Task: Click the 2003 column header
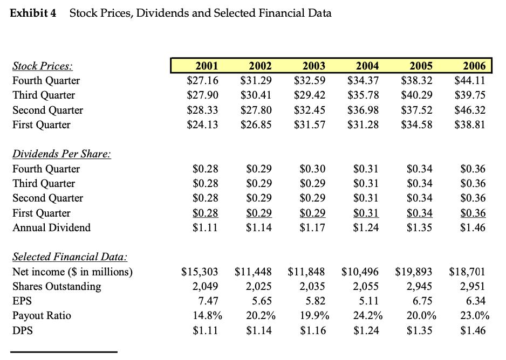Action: [x=313, y=66]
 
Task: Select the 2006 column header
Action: [x=474, y=66]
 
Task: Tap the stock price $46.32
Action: [x=470, y=110]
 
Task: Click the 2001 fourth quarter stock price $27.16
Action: [x=202, y=81]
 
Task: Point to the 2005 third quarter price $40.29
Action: [x=416, y=95]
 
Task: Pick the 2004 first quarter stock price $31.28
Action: [x=363, y=124]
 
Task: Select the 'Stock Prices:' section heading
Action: [x=43, y=66]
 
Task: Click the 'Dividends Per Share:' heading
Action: [x=61, y=154]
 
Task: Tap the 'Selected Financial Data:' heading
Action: [x=70, y=257]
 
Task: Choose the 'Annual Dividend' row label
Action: [x=51, y=227]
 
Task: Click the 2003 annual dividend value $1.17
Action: [x=313, y=227]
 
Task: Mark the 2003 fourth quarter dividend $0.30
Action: [x=313, y=169]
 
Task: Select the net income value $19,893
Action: [x=413, y=272]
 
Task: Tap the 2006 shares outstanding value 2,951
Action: [x=472, y=286]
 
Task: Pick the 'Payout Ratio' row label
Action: [x=42, y=315]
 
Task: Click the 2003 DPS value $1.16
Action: [x=313, y=330]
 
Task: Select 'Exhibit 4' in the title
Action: [x=33, y=13]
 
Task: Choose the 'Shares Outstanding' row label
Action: [x=57, y=286]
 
